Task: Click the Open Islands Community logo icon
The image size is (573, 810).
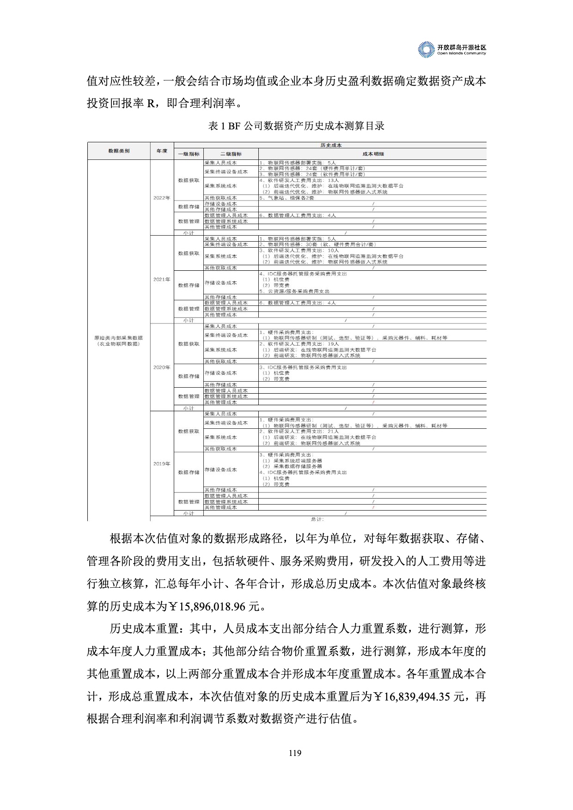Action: pyautogui.click(x=426, y=49)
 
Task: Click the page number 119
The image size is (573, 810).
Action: pyautogui.click(x=295, y=753)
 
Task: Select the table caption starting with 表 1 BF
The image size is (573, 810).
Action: pyautogui.click(x=296, y=126)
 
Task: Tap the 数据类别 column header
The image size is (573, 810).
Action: pyautogui.click(x=119, y=151)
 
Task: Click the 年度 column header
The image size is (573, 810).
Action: pyautogui.click(x=162, y=151)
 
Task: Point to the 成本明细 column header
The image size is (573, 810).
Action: pyautogui.click(x=372, y=154)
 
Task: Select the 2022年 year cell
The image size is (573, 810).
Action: pyautogui.click(x=162, y=198)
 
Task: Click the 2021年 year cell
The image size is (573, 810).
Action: pyautogui.click(x=162, y=280)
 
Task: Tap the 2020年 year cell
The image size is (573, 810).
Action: pyautogui.click(x=162, y=367)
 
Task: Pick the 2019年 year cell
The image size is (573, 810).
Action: pyautogui.click(x=162, y=464)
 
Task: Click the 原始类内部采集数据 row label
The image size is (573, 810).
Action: pyautogui.click(x=119, y=338)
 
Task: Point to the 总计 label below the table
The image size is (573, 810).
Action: pyautogui.click(x=317, y=519)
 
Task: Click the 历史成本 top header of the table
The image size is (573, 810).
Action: pyautogui.click(x=330, y=145)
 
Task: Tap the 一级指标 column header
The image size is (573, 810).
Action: pyautogui.click(x=189, y=154)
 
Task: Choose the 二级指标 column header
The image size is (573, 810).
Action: pyautogui.click(x=231, y=154)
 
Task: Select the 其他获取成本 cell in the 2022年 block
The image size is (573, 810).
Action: pyautogui.click(x=220, y=198)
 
